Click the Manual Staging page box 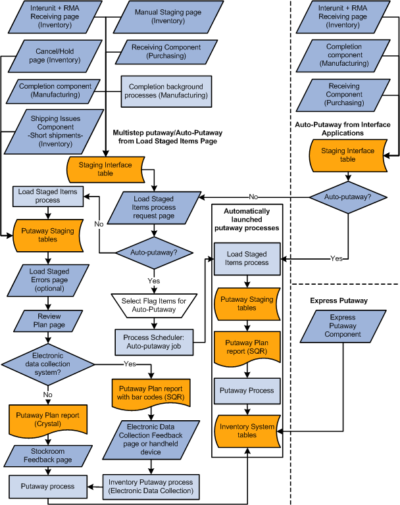tap(160, 17)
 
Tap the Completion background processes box tap(165, 91)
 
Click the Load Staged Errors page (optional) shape tap(49, 279)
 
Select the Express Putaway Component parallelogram tap(342, 325)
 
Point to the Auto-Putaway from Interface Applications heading tap(343, 128)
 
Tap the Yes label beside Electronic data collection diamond tap(129, 362)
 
